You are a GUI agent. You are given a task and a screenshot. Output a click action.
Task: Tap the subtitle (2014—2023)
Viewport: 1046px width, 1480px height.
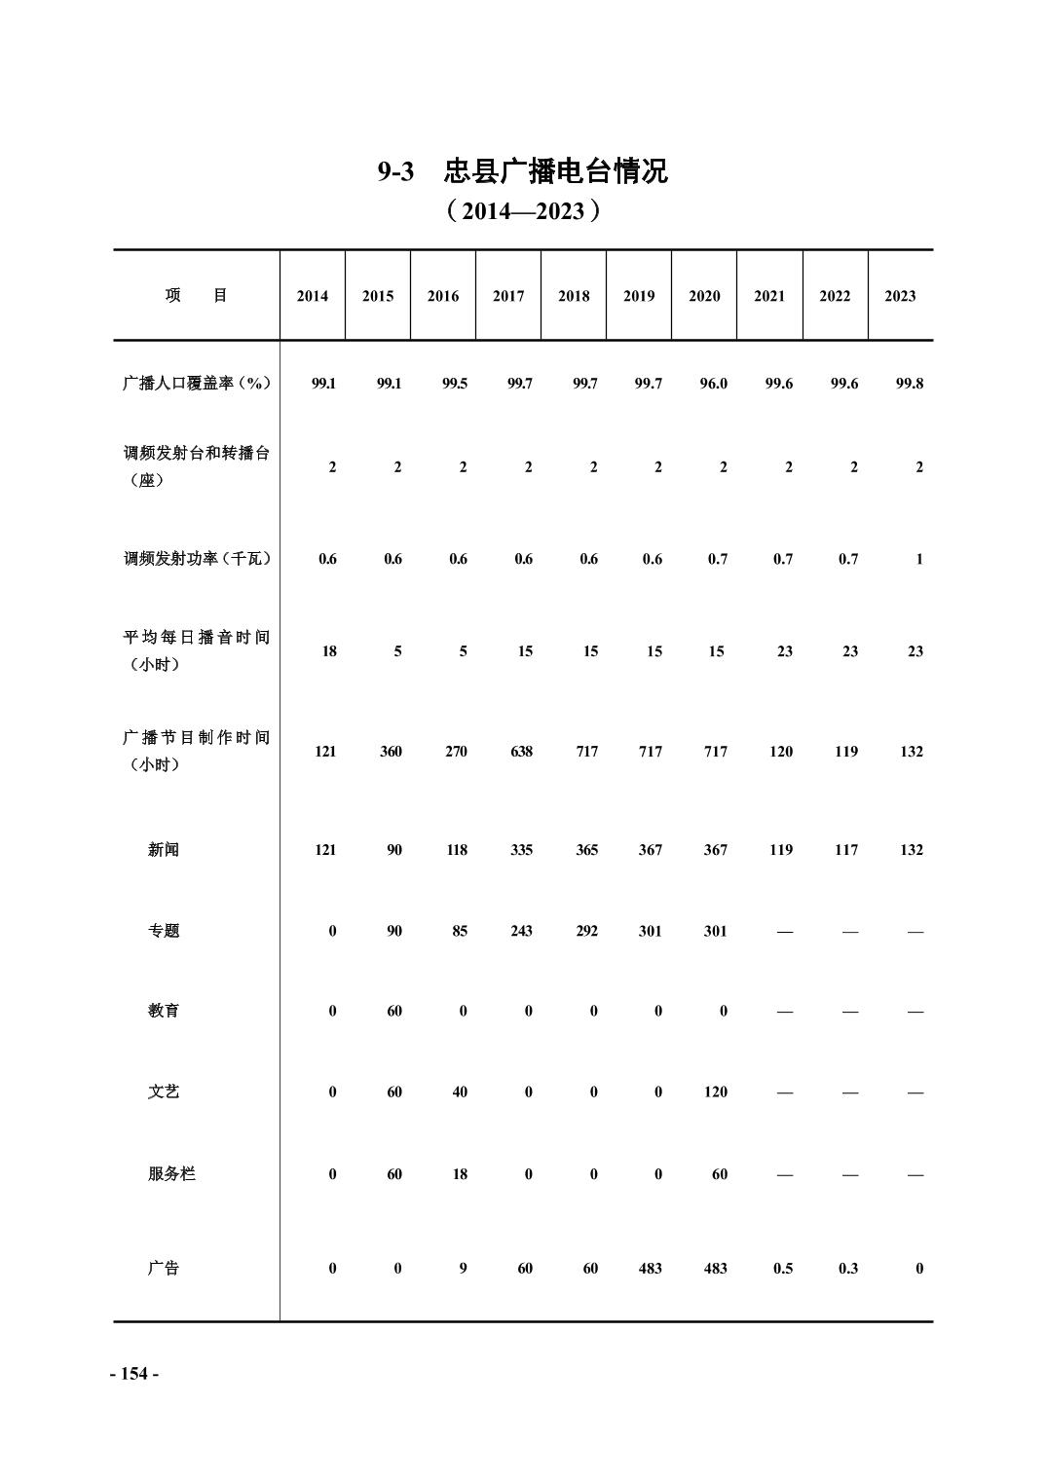[x=522, y=211]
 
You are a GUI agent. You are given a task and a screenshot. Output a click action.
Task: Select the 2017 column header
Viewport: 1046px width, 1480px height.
[x=508, y=296]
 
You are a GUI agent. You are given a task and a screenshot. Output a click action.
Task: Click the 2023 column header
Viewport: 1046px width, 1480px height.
[x=900, y=296]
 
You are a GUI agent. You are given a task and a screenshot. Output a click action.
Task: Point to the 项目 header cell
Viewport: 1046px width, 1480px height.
[x=196, y=296]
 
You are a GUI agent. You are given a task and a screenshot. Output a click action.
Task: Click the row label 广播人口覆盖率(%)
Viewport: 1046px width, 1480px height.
[x=196, y=384]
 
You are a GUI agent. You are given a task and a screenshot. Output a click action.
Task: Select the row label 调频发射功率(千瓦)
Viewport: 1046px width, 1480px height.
[x=197, y=559]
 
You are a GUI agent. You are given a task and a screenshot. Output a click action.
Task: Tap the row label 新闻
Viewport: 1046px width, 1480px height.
[x=164, y=850]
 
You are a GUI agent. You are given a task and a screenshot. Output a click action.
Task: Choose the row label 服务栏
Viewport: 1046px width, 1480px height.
[x=171, y=1174]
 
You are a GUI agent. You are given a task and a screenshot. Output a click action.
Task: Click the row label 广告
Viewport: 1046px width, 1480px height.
[x=164, y=1269]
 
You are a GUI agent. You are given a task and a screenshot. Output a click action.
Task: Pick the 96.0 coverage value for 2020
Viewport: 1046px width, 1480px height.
[x=714, y=384]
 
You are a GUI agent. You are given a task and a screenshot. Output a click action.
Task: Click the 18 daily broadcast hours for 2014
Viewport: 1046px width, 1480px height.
[x=329, y=651]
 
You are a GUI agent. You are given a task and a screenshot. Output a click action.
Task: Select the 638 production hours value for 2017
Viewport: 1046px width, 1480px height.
[x=522, y=752]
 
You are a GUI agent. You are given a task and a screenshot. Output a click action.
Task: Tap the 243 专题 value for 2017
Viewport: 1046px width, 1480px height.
[x=522, y=931]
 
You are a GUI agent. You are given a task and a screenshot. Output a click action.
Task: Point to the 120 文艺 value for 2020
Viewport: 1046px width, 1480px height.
[x=716, y=1092]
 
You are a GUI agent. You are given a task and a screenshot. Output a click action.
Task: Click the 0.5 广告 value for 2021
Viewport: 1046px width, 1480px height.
[x=783, y=1269]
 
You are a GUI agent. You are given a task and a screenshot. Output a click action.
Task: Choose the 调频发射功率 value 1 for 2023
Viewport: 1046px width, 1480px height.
[x=918, y=559]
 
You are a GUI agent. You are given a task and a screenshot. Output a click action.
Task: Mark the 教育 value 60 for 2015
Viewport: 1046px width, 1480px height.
[x=394, y=1012]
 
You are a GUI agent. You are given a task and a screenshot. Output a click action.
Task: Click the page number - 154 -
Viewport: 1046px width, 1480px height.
[x=134, y=1374]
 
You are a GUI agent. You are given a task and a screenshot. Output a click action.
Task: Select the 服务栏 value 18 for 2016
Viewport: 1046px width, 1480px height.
[x=460, y=1174]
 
